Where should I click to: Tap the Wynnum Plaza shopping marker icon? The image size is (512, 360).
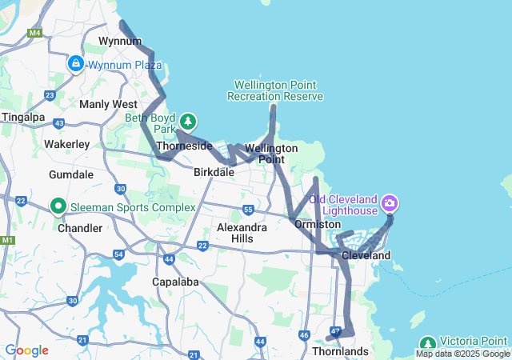point(76,63)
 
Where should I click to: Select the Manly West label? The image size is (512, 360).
point(108,104)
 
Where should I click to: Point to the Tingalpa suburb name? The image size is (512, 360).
point(23,117)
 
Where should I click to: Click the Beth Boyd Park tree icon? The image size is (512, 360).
point(187,122)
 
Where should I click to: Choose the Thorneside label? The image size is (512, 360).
point(184,146)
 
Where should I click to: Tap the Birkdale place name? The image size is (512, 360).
point(214,172)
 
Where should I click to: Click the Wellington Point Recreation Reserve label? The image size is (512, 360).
point(275,90)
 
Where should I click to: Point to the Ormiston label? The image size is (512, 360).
point(318,225)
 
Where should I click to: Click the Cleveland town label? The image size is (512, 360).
point(366,255)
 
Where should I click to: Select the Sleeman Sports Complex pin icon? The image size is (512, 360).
point(58,206)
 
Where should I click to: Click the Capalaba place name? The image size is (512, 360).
point(175,282)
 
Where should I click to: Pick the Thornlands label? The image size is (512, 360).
point(340,351)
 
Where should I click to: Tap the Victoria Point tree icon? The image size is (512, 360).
point(427,342)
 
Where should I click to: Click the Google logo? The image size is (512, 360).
point(26,350)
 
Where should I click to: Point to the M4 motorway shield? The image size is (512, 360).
point(34,33)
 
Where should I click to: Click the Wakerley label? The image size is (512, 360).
point(66,144)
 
